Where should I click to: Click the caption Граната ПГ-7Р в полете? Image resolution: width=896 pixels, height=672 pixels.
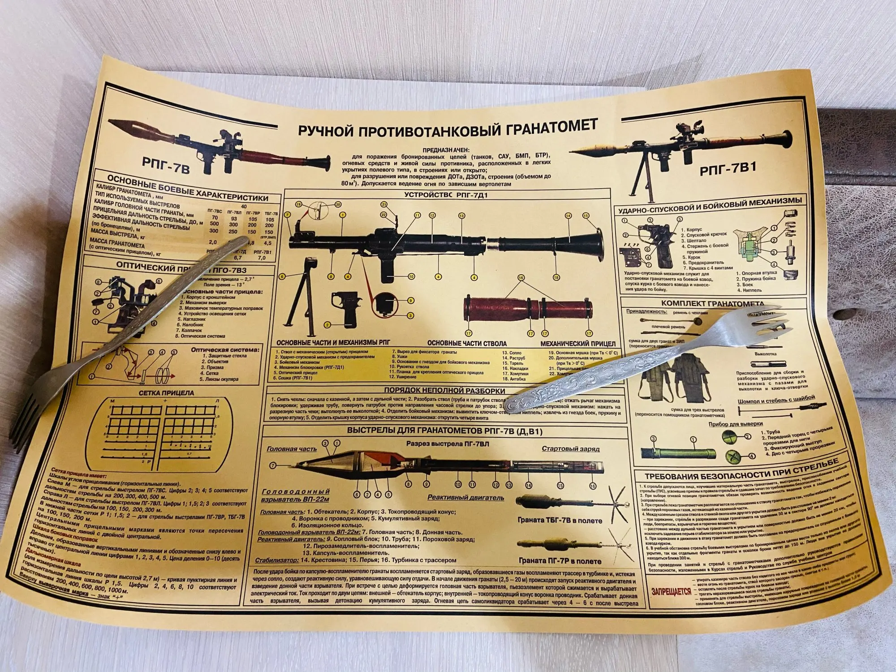tap(560, 560)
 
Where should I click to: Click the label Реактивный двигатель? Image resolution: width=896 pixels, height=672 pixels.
tap(466, 497)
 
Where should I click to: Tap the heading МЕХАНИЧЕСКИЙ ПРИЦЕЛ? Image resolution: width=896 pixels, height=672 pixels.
tap(578, 356)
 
